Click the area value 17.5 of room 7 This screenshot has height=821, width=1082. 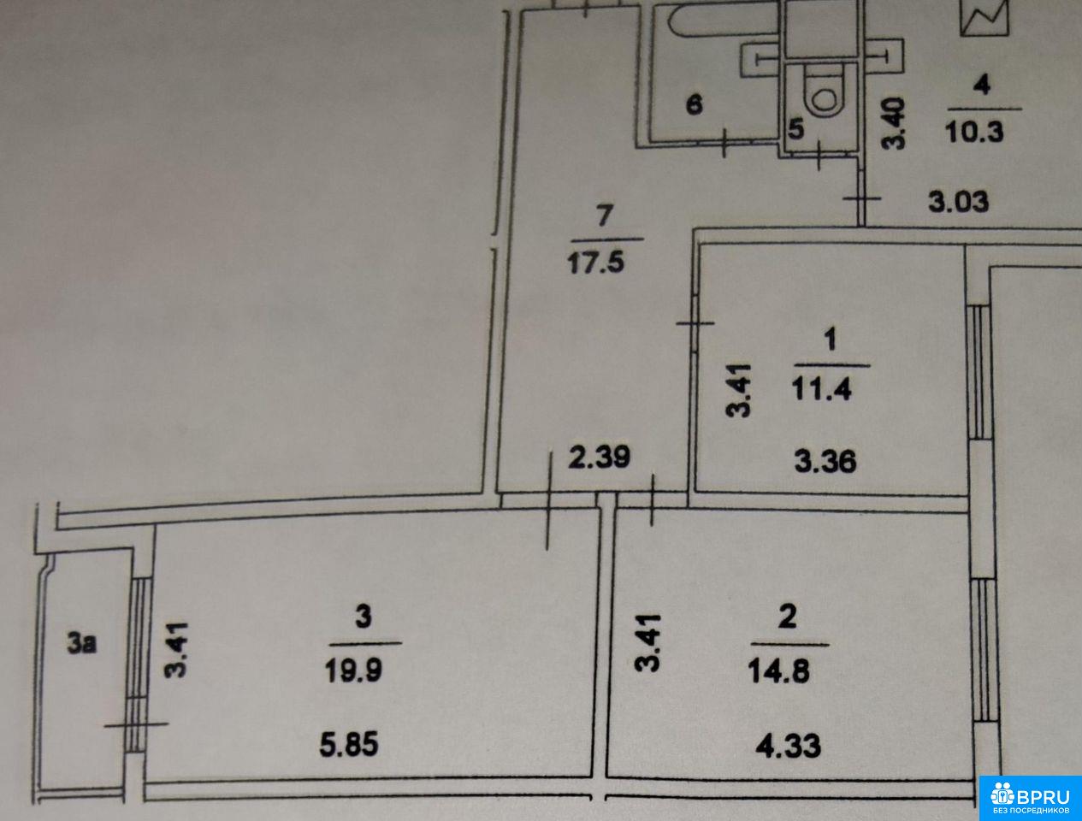[595, 263]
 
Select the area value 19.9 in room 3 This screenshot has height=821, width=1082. [353, 670]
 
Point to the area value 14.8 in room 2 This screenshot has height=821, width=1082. [779, 670]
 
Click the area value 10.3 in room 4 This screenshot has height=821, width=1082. [974, 131]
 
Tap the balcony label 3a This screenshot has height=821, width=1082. [82, 644]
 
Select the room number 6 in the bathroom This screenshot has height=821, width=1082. [695, 104]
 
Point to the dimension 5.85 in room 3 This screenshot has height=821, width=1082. [349, 744]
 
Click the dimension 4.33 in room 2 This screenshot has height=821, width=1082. [789, 746]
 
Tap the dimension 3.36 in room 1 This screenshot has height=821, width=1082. [825, 462]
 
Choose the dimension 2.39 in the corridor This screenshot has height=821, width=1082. [600, 457]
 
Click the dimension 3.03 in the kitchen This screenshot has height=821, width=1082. [959, 202]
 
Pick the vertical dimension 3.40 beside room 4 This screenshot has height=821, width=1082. [894, 123]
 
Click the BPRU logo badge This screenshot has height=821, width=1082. [1030, 798]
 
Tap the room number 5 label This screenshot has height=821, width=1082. [796, 129]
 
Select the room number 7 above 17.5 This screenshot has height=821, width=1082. [605, 216]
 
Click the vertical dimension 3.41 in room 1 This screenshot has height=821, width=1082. [739, 390]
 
